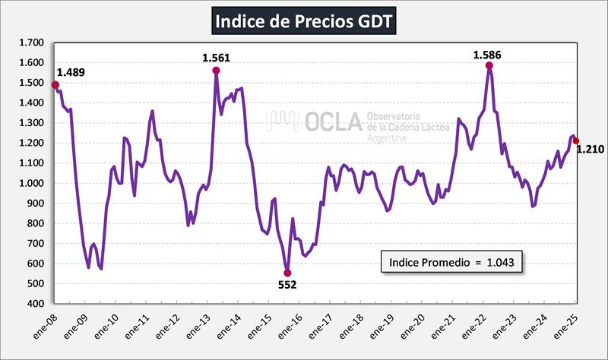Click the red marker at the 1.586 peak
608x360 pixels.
click(489, 65)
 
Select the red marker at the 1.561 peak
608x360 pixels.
click(216, 71)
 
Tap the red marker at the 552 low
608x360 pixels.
click(287, 273)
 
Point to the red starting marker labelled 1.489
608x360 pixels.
click(55, 85)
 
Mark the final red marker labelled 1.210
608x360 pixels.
click(576, 141)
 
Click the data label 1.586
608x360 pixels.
click(487, 54)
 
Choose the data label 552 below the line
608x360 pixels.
click(287, 285)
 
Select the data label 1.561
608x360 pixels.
click(216, 58)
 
